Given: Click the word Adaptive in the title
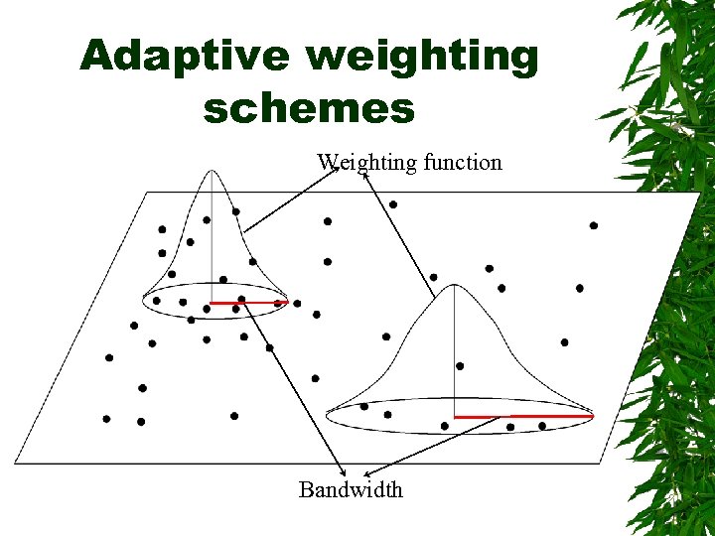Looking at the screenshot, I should [x=185, y=57].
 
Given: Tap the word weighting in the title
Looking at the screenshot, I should [x=422, y=59].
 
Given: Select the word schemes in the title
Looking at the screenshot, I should [x=309, y=107].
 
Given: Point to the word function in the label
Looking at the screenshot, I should [x=463, y=162].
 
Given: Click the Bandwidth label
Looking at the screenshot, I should [x=351, y=489].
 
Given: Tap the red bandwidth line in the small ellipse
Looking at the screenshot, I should [x=248, y=302].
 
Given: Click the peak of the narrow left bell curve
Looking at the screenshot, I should [x=213, y=172].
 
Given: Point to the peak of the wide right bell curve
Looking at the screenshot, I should [x=454, y=286].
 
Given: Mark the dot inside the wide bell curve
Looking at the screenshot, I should [x=459, y=366].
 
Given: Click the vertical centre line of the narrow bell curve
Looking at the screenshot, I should [x=213, y=238].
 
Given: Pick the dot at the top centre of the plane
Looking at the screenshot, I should [x=393, y=204].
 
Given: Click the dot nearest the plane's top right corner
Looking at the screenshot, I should [x=594, y=225].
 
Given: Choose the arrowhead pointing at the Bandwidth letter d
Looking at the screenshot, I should [x=364, y=474].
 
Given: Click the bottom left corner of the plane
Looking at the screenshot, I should [x=16, y=463].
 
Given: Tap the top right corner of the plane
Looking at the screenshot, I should [x=699, y=194].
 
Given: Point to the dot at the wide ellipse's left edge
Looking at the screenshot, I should [x=364, y=406].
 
